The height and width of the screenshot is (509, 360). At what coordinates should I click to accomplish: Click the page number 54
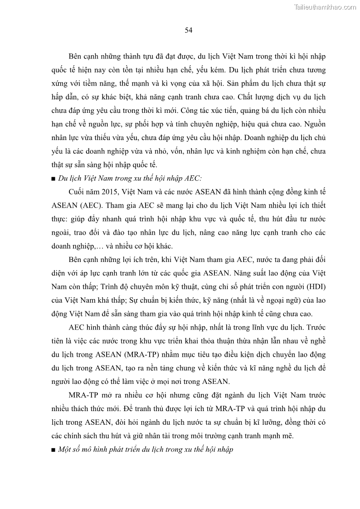point(189,30)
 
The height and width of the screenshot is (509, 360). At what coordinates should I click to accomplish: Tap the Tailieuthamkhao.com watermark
point(325,7)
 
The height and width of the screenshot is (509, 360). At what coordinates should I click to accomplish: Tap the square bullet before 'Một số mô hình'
point(54,451)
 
